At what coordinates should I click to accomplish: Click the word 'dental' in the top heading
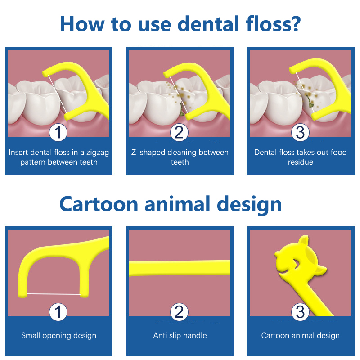coord(208,24)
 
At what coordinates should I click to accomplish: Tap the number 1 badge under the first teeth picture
coord(58,132)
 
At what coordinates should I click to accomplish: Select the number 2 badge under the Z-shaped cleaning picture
coord(179,132)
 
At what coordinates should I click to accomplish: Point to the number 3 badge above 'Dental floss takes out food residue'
coord(300,132)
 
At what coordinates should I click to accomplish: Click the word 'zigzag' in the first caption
coord(98,153)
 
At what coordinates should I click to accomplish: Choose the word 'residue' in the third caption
coord(301,162)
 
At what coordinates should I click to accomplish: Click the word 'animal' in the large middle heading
coord(177,204)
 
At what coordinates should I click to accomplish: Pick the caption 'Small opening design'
coord(59,336)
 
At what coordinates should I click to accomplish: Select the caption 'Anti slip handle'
coord(180,335)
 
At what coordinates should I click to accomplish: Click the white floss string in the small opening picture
coord(54,294)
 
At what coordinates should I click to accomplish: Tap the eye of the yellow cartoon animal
coord(296,264)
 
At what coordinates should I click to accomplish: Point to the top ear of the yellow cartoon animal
coord(304,240)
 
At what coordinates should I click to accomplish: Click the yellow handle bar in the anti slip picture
coord(180,268)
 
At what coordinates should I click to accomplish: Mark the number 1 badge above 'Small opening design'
coord(58,312)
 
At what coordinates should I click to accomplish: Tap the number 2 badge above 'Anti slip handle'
coord(179,312)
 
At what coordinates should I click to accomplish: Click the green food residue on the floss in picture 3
coord(310,102)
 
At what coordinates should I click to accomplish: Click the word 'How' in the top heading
coord(82,24)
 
